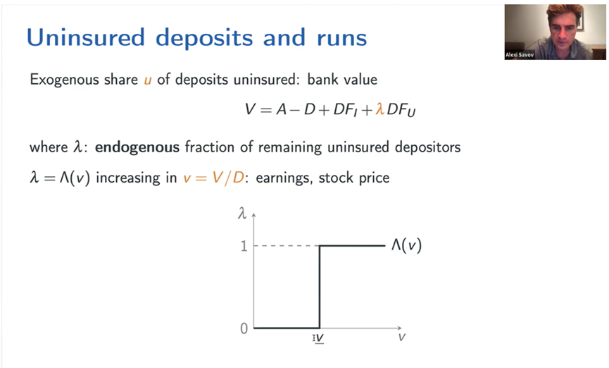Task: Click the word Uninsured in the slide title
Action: pyautogui.click(x=85, y=37)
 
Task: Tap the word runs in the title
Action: pyautogui.click(x=341, y=38)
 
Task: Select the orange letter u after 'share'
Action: pyautogui.click(x=148, y=80)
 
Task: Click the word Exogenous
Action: pyautogui.click(x=84, y=80)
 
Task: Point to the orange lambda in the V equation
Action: pyautogui.click(x=379, y=109)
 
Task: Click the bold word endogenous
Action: pyautogui.click(x=137, y=147)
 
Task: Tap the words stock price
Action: pyautogui.click(x=354, y=178)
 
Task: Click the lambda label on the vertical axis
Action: pyautogui.click(x=242, y=213)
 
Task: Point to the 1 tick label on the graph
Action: pyautogui.click(x=244, y=246)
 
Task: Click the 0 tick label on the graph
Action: pyautogui.click(x=244, y=329)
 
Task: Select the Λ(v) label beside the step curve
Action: pyautogui.click(x=406, y=245)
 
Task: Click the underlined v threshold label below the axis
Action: pyautogui.click(x=319, y=338)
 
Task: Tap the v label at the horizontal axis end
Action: pyautogui.click(x=401, y=337)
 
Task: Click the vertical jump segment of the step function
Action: pyautogui.click(x=319, y=287)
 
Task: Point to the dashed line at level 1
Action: pyautogui.click(x=287, y=246)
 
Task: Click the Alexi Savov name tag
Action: pyautogui.click(x=520, y=55)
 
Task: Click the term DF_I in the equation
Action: pyautogui.click(x=345, y=110)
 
